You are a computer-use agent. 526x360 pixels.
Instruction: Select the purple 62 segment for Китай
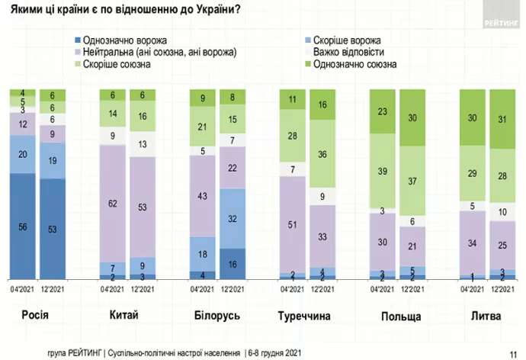tap(114, 204)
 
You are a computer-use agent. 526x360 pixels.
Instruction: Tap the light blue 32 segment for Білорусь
tap(233, 217)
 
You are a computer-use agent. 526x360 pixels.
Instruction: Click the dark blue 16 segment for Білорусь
tap(233, 263)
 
